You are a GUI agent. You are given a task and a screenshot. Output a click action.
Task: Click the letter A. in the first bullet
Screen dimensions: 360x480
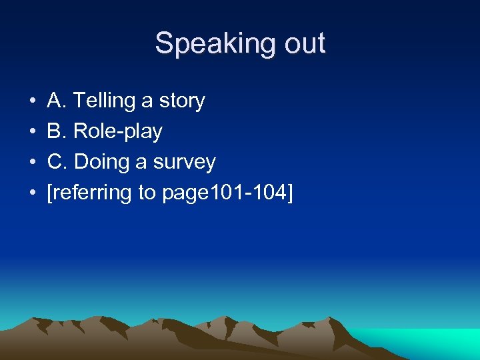[x=57, y=101]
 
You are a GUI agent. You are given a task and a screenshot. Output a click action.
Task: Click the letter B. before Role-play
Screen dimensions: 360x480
[x=57, y=131]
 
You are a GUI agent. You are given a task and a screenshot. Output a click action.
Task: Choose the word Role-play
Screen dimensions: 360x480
[x=118, y=132]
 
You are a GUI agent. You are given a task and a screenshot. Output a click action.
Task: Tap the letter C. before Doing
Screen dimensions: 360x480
[x=57, y=162]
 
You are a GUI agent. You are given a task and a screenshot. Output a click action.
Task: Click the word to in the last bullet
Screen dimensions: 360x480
[x=147, y=193]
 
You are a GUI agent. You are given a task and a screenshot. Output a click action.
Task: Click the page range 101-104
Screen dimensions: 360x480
[x=249, y=193]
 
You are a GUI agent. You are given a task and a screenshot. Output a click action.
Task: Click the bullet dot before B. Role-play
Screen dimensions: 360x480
[x=33, y=132]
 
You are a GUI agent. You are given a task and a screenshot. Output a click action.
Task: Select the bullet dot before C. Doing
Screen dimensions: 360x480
[x=33, y=163]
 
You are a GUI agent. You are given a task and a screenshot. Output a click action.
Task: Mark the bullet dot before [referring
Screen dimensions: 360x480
[x=33, y=193]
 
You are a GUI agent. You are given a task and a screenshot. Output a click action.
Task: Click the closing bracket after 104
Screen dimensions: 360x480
[x=290, y=193]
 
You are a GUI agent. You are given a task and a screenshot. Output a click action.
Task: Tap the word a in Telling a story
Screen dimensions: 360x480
[x=147, y=102]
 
